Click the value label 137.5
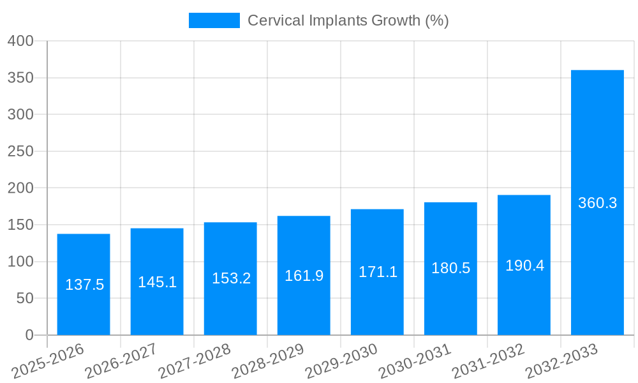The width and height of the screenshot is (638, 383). (x=84, y=285)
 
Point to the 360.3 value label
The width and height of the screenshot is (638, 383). (x=597, y=203)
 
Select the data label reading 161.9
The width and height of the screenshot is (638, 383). (x=304, y=276)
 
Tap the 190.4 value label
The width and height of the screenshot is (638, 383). (x=524, y=266)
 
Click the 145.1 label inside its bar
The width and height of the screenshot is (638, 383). (x=157, y=282)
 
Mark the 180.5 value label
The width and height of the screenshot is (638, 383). (x=450, y=268)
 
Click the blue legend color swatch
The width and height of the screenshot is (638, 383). (x=214, y=20)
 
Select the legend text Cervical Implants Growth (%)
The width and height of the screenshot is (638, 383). (x=348, y=20)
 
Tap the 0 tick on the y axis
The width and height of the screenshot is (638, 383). (x=29, y=335)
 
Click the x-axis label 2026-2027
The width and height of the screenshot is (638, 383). (x=121, y=361)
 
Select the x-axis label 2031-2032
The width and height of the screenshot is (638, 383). (x=488, y=361)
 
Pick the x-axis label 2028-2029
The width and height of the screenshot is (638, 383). (x=268, y=361)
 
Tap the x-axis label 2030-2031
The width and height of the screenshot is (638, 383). (x=415, y=361)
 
